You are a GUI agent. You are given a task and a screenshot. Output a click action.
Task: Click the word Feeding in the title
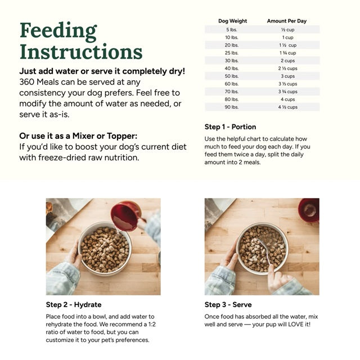(58, 31)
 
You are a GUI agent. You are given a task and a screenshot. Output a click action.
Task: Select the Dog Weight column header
(232, 21)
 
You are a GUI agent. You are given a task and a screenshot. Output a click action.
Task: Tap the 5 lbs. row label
(232, 29)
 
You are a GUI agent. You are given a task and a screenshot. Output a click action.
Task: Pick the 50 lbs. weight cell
(232, 76)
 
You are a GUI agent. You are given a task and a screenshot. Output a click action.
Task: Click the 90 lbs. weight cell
(232, 107)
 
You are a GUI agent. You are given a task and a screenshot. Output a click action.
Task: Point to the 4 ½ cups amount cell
(287, 107)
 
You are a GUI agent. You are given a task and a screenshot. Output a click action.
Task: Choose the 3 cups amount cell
(287, 76)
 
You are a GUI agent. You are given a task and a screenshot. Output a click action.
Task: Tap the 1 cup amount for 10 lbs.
(287, 37)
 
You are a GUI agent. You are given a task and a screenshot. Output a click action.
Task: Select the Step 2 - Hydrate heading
(74, 304)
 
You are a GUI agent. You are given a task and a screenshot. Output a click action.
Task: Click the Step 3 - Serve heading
(228, 304)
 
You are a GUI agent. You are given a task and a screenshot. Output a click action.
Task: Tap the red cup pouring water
(125, 215)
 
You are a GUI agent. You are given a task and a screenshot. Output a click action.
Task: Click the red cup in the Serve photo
(309, 210)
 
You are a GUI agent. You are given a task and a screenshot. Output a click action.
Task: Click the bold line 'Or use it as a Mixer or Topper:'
(78, 136)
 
